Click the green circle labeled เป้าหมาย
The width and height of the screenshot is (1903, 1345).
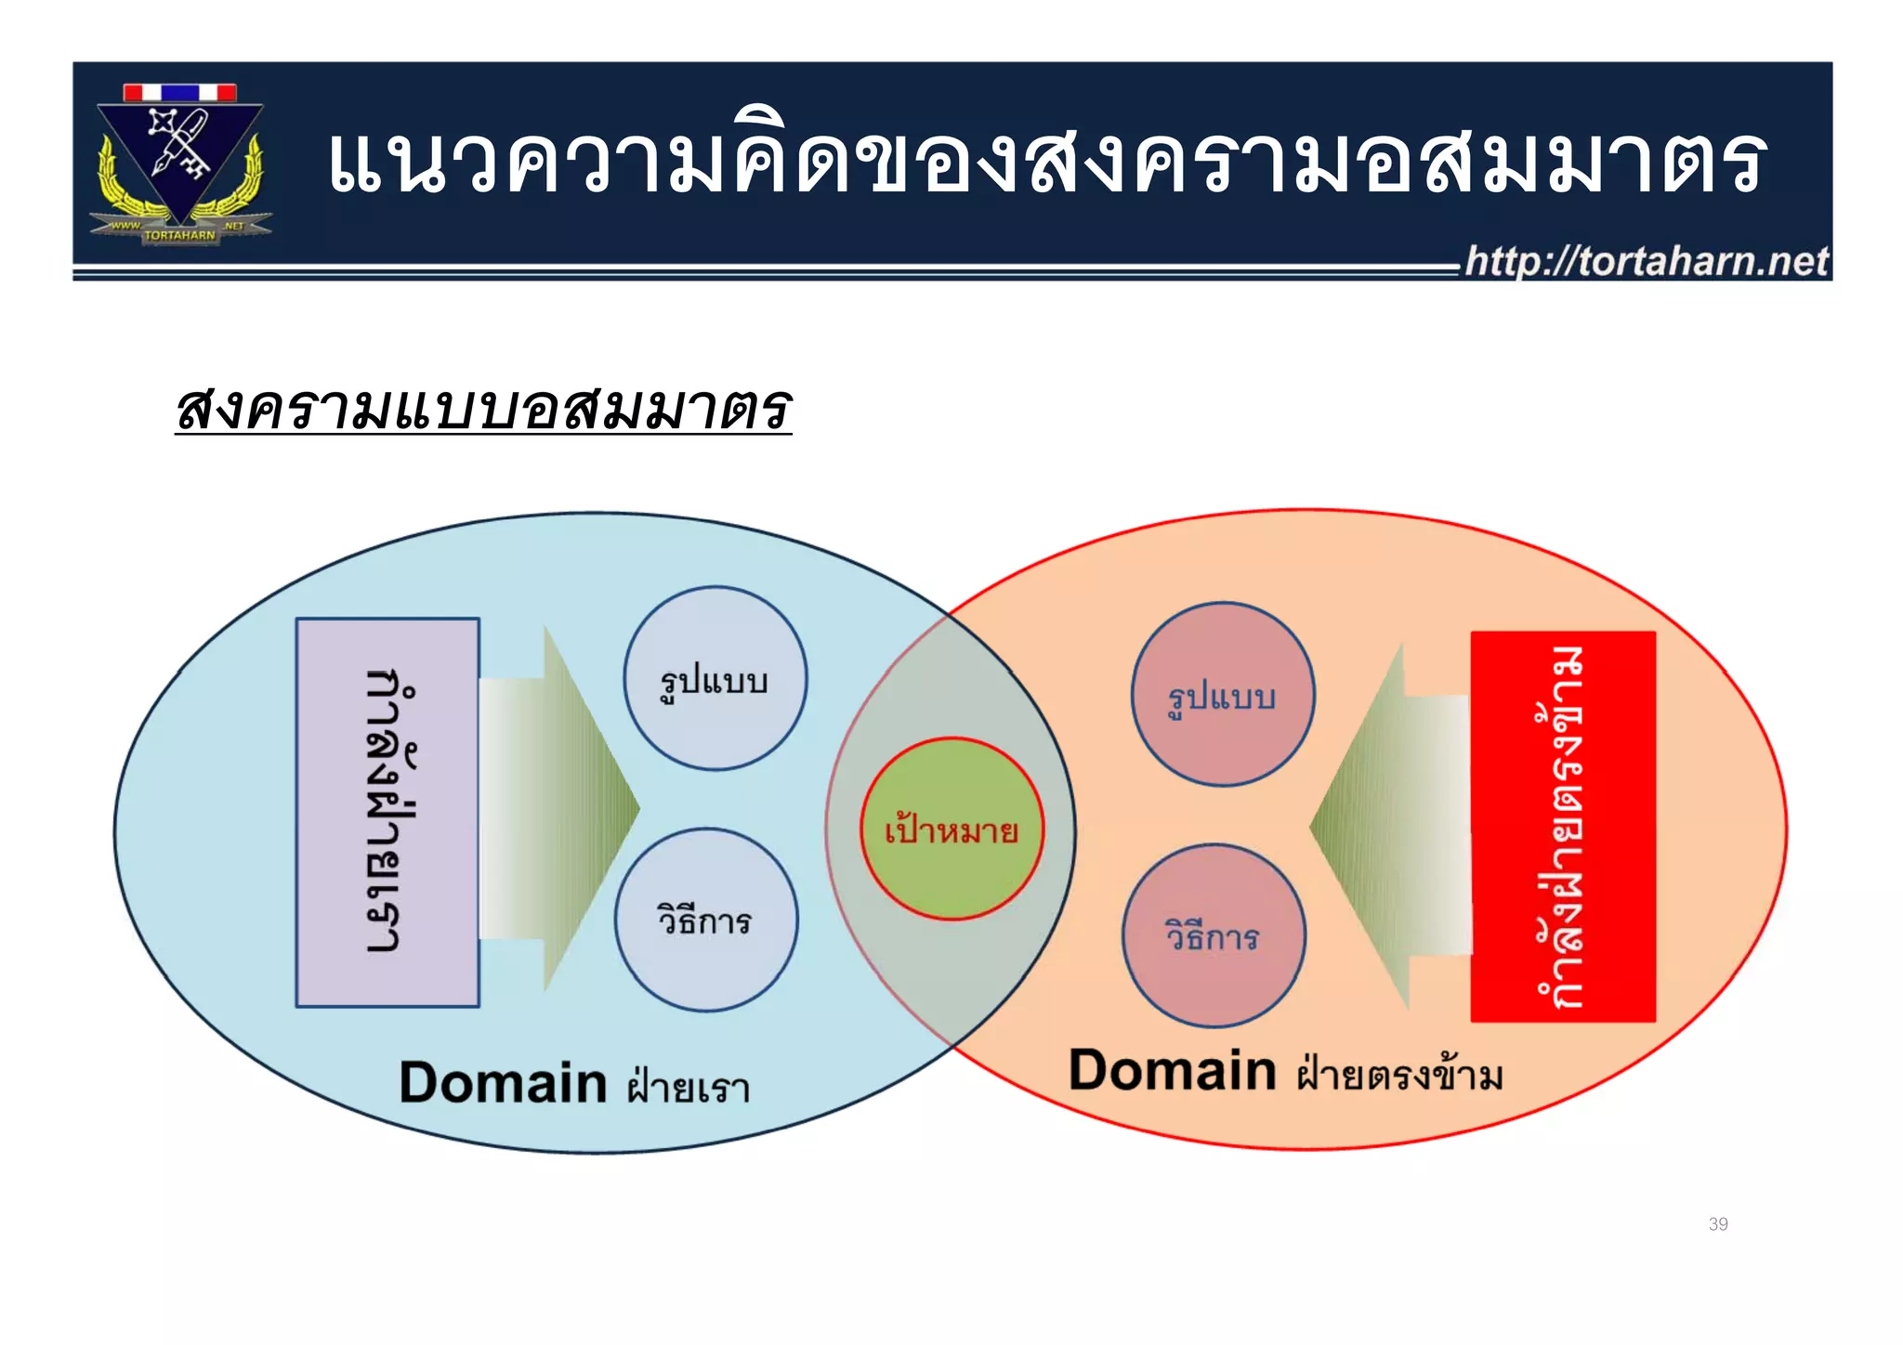[x=951, y=829]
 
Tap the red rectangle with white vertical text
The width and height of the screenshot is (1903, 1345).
[x=1563, y=827]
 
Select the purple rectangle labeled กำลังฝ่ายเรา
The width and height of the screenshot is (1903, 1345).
[x=387, y=813]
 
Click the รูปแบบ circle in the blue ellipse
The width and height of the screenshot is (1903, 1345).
[x=715, y=679]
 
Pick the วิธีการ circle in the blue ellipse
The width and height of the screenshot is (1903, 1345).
[x=706, y=920]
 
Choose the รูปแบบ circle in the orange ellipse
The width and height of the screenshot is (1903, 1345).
[x=1223, y=695]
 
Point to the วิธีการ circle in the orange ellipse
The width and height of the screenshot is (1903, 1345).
[x=1214, y=936]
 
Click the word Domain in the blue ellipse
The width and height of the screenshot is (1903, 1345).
[x=503, y=1083]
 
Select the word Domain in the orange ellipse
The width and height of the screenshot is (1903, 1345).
[x=1173, y=1070]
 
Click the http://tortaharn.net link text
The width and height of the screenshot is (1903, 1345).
[x=1646, y=262]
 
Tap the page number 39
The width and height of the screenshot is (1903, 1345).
[x=1717, y=1224]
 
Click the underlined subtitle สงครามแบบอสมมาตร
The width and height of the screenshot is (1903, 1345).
[x=483, y=409]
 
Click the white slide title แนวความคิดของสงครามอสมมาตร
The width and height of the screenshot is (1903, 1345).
[x=1045, y=163]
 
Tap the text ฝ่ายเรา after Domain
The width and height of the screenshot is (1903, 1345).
[x=689, y=1087]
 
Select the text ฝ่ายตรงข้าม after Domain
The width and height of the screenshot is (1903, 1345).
[x=1399, y=1074]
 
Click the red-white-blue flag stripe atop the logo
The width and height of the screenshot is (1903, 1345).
[x=179, y=93]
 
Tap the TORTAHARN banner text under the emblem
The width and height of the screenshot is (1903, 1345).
[x=180, y=236]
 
